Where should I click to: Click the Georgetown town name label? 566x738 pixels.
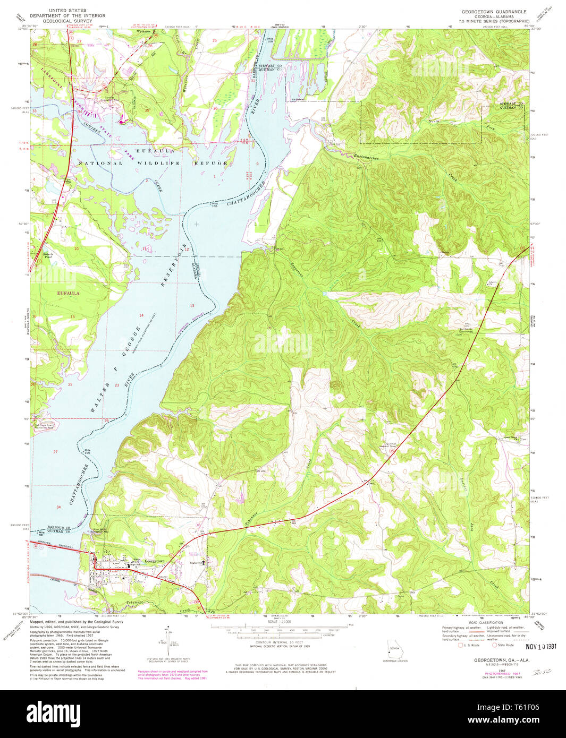pos(154,561)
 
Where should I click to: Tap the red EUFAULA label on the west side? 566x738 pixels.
pos(69,293)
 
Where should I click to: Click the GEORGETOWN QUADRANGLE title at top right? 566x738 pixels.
pos(494,12)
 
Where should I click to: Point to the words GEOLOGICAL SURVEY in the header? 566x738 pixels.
pos(69,21)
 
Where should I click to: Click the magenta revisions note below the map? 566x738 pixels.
pos(173,674)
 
